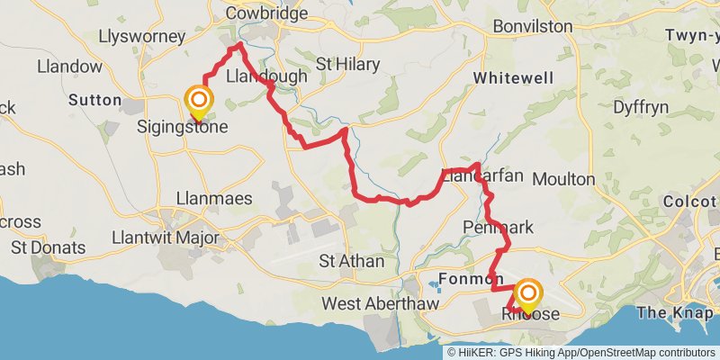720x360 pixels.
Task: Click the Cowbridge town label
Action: [266, 13]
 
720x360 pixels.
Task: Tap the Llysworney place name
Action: [145, 37]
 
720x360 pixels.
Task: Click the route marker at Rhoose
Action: [528, 294]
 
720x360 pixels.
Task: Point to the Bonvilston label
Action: [533, 26]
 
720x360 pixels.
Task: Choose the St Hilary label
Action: [348, 64]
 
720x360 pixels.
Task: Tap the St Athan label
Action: [353, 261]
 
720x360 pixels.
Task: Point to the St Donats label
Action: [48, 247]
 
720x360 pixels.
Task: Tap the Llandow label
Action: [69, 67]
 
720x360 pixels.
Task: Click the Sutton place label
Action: [94, 99]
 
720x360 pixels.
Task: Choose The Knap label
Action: [672, 312]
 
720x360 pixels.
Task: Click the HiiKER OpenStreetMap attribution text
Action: [580, 352]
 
